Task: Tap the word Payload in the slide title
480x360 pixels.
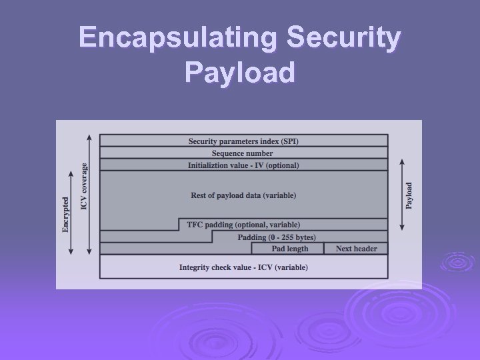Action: tap(239, 72)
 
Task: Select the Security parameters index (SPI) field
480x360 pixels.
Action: tap(243, 141)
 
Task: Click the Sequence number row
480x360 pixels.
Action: tap(243, 153)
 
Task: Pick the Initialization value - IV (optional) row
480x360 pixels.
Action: tap(243, 165)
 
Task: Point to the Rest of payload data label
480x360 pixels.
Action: tap(243, 195)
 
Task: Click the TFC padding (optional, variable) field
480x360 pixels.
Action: tap(243, 225)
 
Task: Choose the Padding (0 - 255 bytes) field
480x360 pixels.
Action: tap(277, 237)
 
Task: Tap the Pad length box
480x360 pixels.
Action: tap(290, 249)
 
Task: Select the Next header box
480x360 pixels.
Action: tap(356, 249)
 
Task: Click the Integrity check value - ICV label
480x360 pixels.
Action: tap(243, 267)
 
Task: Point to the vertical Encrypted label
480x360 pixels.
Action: tap(65, 213)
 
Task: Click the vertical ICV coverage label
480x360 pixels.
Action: tap(84, 186)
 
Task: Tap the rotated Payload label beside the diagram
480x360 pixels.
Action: tap(409, 195)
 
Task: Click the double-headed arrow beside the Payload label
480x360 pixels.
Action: tap(401, 195)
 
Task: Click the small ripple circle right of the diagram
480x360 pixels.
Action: tap(457, 261)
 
